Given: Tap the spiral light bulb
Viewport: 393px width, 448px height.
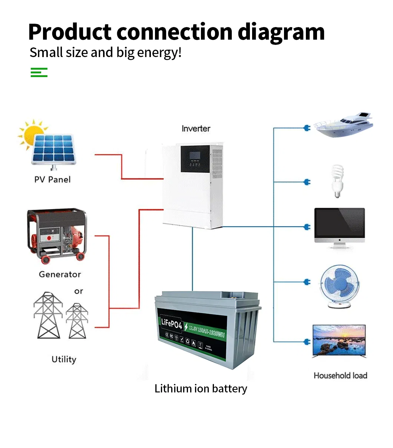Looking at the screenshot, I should click(337, 181).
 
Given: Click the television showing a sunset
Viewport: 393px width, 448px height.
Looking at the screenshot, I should click(339, 341).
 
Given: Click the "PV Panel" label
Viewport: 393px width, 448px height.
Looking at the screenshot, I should click(52, 180).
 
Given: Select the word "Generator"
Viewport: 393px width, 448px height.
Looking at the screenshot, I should click(60, 275).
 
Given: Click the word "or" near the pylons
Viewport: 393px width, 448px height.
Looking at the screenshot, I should click(79, 291).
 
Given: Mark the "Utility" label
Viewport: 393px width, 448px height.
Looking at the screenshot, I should click(64, 359).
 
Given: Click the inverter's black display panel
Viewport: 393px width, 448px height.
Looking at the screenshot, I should click(195, 159).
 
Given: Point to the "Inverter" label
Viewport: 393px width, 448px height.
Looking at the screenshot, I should click(196, 129).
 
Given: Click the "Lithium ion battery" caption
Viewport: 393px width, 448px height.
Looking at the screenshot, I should click(201, 389).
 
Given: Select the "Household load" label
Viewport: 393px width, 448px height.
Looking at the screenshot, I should click(340, 376).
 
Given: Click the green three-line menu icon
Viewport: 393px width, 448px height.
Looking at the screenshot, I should click(39, 72).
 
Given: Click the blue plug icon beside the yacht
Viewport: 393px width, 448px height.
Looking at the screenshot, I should click(307, 128).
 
